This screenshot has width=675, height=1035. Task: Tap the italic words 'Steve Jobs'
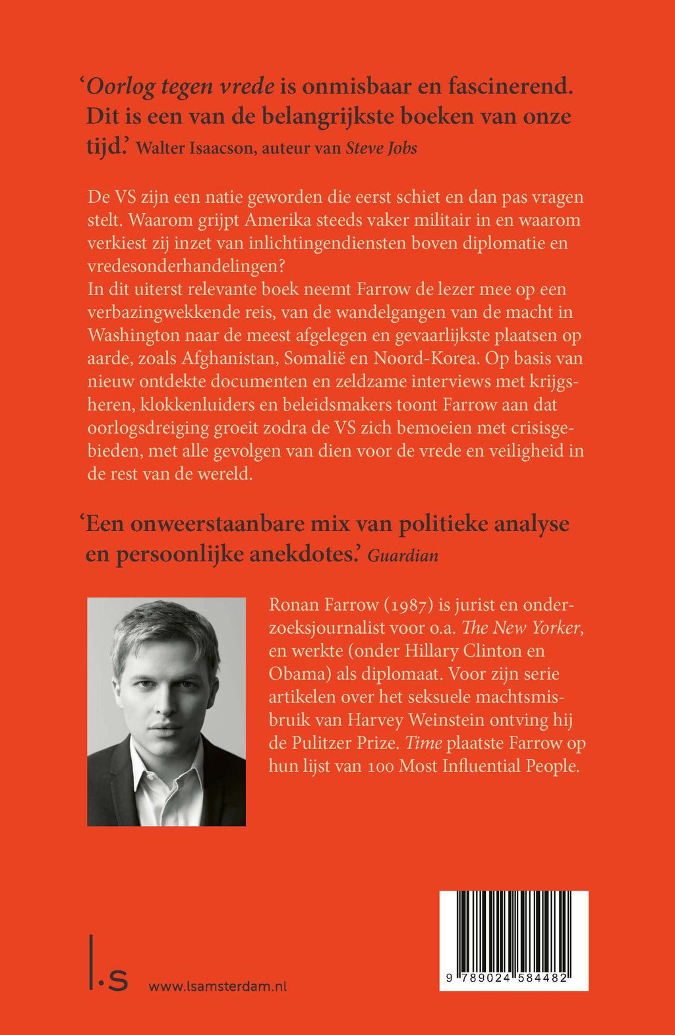(x=382, y=148)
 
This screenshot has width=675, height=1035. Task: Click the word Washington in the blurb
(x=134, y=335)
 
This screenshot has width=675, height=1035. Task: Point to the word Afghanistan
(x=228, y=358)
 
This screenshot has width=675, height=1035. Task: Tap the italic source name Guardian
(x=403, y=555)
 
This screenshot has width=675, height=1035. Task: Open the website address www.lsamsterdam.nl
(x=218, y=986)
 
